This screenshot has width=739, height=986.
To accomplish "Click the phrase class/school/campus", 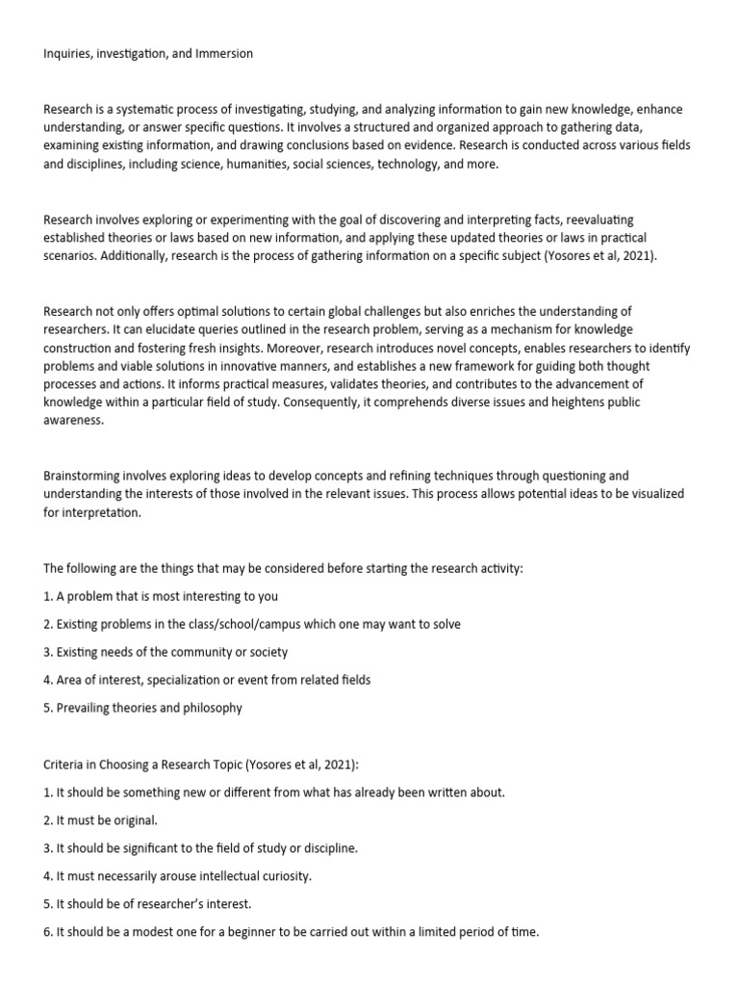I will tap(242, 624).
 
